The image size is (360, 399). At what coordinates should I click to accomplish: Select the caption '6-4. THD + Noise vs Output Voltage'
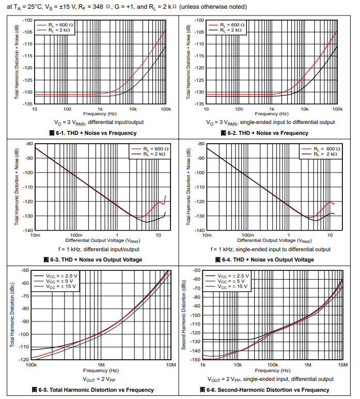pyautogui.click(x=268, y=259)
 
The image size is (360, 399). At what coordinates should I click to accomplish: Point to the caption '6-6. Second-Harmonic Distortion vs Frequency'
pyautogui.click(x=268, y=390)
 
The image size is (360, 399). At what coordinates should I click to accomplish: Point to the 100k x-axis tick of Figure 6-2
pyautogui.click(x=337, y=109)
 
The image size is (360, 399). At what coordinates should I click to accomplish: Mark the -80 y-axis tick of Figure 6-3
pyautogui.click(x=29, y=144)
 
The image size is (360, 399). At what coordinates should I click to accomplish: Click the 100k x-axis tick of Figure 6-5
pyautogui.click(x=32, y=365)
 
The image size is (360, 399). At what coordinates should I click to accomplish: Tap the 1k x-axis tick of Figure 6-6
pyautogui.click(x=203, y=365)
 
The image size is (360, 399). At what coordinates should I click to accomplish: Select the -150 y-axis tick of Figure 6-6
pyautogui.click(x=195, y=359)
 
